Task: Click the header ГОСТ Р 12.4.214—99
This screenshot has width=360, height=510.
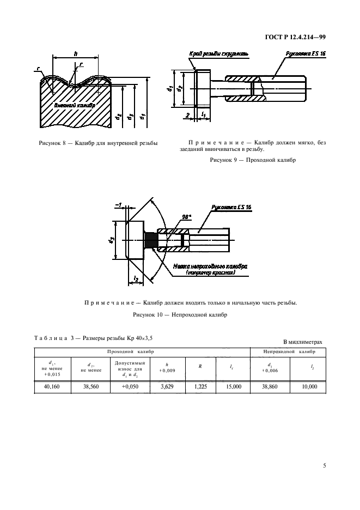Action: coord(296,37)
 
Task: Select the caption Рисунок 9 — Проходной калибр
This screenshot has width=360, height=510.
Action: coord(253,160)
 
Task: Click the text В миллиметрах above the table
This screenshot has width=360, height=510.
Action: coord(303,342)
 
